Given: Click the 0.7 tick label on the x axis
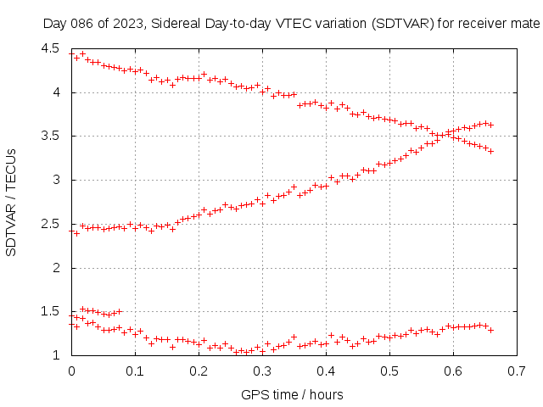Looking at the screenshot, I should (517, 371).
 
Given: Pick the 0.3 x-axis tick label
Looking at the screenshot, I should (262, 371).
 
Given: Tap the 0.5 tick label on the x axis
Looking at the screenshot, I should (389, 371).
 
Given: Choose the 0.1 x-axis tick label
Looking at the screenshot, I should (135, 371).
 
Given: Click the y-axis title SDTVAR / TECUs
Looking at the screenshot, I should (12, 202).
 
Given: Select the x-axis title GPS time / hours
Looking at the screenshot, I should (293, 394).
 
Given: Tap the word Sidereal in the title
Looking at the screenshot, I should (174, 24).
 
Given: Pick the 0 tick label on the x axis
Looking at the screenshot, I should (71, 371).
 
